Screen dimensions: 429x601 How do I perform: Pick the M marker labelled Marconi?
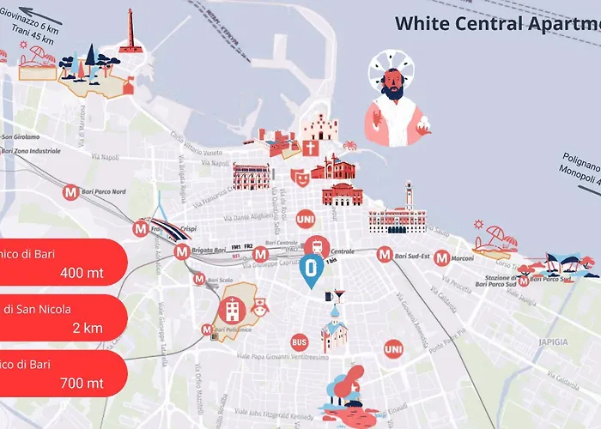point(441,257)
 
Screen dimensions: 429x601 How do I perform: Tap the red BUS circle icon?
point(299,341)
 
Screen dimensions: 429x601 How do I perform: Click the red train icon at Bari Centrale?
point(318,245)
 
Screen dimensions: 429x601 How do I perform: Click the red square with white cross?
point(309,148)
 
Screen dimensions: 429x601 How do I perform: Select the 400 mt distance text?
point(84,273)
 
